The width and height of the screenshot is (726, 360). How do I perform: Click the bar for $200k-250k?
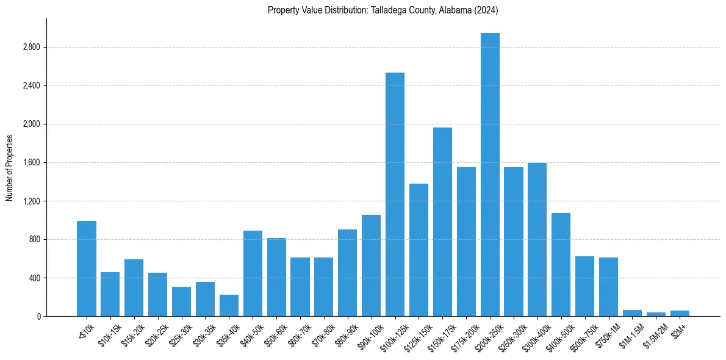[x=490, y=175]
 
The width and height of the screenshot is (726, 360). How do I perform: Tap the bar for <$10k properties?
[x=87, y=268]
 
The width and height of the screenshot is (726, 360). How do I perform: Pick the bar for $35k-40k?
[x=229, y=306]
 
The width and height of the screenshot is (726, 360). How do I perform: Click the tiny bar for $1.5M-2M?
[x=656, y=314]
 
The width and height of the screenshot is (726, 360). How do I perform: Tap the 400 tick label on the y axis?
[x=34, y=278]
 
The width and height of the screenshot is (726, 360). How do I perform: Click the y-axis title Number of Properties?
[x=10, y=167]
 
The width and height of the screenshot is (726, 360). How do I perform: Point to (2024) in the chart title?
[x=487, y=10]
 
